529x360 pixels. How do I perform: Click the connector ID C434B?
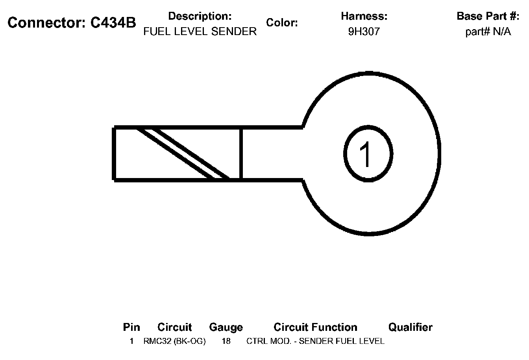pyautogui.click(x=113, y=23)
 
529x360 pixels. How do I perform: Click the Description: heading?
pyautogui.click(x=200, y=16)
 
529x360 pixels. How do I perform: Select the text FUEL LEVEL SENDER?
pyautogui.click(x=200, y=32)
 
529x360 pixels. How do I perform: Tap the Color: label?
pyautogui.click(x=282, y=23)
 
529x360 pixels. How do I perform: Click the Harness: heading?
pyautogui.click(x=364, y=16)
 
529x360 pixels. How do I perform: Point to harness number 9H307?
pyautogui.click(x=364, y=32)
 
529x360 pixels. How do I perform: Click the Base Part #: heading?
pyautogui.click(x=488, y=16)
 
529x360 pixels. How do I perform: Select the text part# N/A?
pyautogui.click(x=488, y=32)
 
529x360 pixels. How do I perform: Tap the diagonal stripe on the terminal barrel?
pyautogui.click(x=183, y=154)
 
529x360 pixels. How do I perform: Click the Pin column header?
pyautogui.click(x=131, y=327)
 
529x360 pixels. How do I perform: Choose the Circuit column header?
pyautogui.click(x=174, y=327)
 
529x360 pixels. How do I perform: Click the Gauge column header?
pyautogui.click(x=226, y=327)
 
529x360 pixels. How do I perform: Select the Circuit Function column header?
pyautogui.click(x=315, y=327)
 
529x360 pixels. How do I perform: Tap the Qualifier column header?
pyautogui.click(x=410, y=327)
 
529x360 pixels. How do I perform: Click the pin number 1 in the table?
pyautogui.click(x=131, y=341)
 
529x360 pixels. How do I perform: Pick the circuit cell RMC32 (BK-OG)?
pyautogui.click(x=174, y=341)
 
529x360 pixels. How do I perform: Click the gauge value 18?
pyautogui.click(x=226, y=341)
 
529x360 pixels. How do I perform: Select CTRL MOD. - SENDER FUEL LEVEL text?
pyautogui.click(x=315, y=341)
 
